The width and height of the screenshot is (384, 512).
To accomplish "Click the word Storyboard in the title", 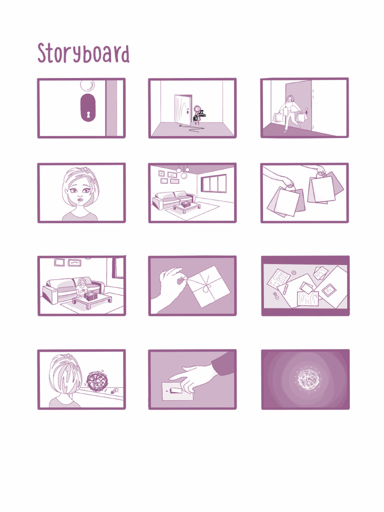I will [83, 53].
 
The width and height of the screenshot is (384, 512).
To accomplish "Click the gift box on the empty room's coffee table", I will [186, 204].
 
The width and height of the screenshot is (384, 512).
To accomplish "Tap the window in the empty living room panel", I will [213, 183].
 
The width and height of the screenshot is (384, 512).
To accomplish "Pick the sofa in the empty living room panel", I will [172, 199].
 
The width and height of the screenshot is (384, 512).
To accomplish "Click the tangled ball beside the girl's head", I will [97, 380].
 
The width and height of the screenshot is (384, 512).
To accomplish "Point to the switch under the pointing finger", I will [175, 390].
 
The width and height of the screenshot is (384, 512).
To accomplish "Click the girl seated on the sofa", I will [81, 287].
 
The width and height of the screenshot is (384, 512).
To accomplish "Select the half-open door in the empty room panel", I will [182, 109].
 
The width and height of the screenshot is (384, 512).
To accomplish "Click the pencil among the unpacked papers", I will [285, 289].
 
